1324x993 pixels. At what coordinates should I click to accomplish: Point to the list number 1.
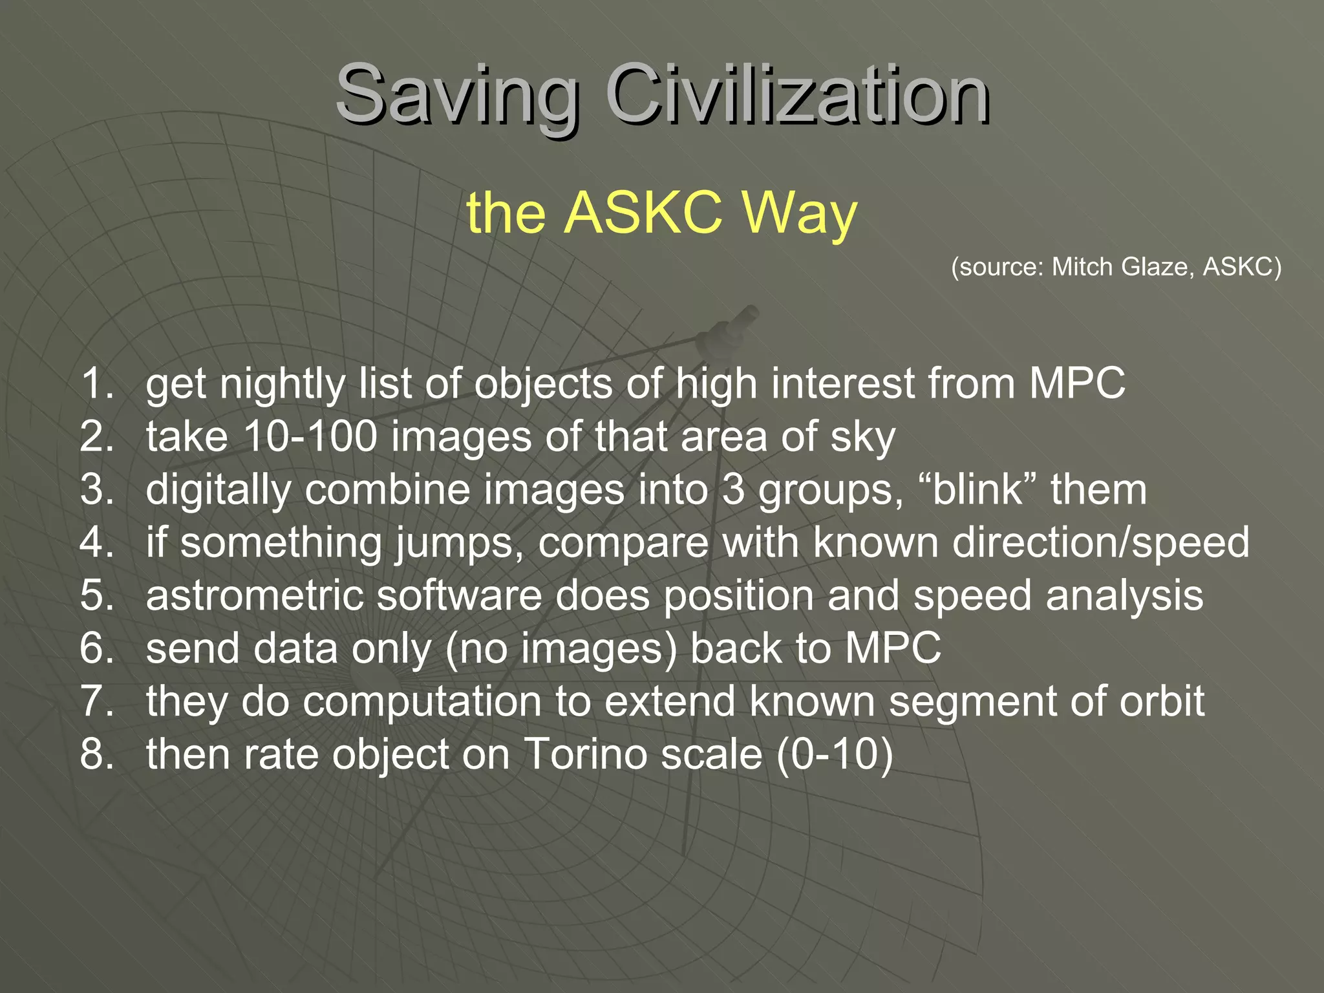pyautogui.click(x=97, y=383)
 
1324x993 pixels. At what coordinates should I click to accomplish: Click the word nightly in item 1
pyautogui.click(x=282, y=383)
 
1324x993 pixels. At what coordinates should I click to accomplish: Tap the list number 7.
pyautogui.click(x=97, y=701)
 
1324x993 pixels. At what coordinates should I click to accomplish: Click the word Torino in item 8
pyautogui.click(x=642, y=754)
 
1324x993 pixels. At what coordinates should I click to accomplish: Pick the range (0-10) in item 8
pyautogui.click(x=835, y=754)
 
